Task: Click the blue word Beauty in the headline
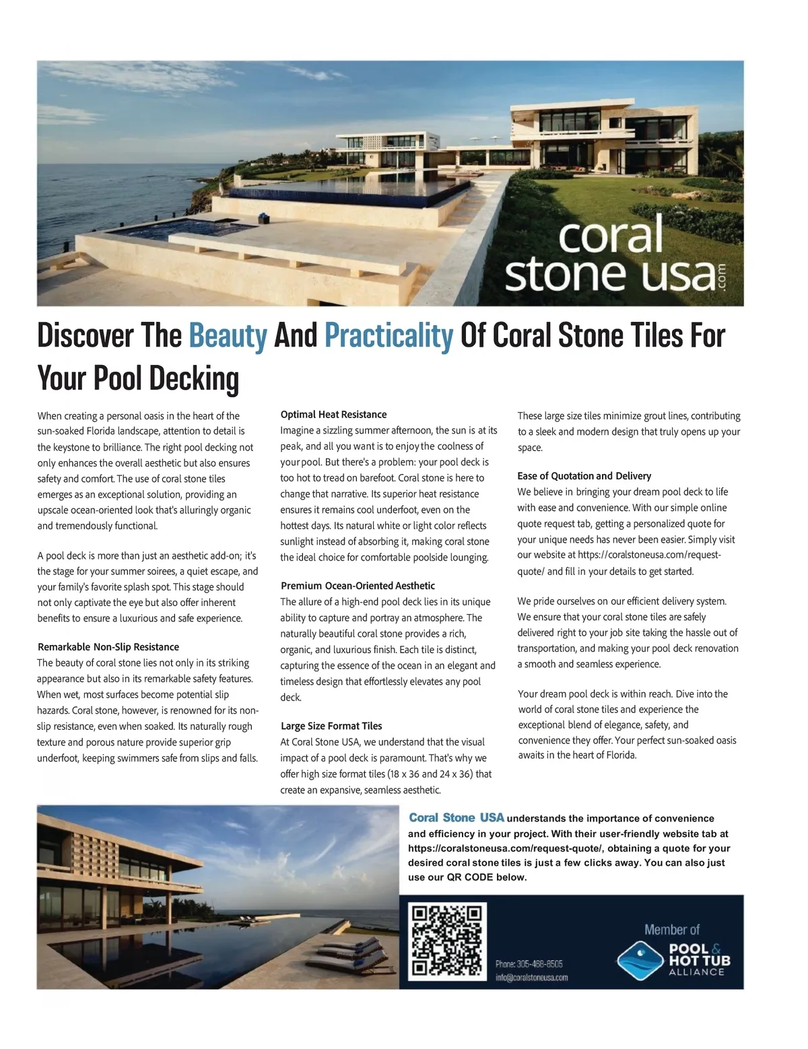point(228,335)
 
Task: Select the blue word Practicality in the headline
point(389,335)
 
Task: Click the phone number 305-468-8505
point(529,964)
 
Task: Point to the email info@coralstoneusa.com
point(531,978)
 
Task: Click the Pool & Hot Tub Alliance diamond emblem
point(640,959)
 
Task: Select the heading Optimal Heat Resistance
point(333,415)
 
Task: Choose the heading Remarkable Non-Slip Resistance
point(108,647)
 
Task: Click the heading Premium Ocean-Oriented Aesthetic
point(358,586)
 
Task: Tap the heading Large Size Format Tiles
point(331,726)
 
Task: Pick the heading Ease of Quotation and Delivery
point(584,476)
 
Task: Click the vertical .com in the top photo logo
point(722,276)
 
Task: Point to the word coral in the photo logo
point(610,236)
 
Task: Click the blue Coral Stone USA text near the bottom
point(456,818)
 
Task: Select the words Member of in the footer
point(671,930)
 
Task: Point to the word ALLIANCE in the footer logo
point(696,972)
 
